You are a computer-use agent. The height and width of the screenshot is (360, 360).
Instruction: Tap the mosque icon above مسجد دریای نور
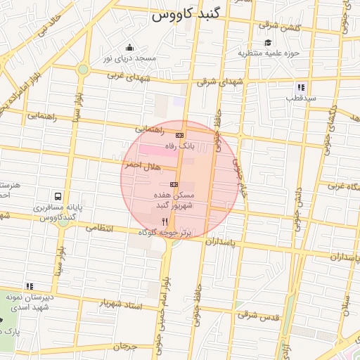pos(128,48)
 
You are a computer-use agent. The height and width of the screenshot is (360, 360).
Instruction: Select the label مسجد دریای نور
pos(128,58)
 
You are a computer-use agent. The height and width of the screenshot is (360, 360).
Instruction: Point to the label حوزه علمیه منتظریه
pos(269,53)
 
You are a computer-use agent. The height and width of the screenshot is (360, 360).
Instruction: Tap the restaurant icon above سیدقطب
pos(301,88)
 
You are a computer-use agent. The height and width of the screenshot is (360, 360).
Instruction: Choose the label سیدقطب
pos(301,98)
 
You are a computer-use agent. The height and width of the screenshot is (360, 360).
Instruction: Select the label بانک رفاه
pos(179,145)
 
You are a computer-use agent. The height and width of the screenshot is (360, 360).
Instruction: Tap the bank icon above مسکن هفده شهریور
pos(174,184)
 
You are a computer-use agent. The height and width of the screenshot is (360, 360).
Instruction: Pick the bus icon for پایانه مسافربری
pos(57,198)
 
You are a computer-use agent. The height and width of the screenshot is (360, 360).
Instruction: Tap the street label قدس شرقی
pos(257,316)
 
